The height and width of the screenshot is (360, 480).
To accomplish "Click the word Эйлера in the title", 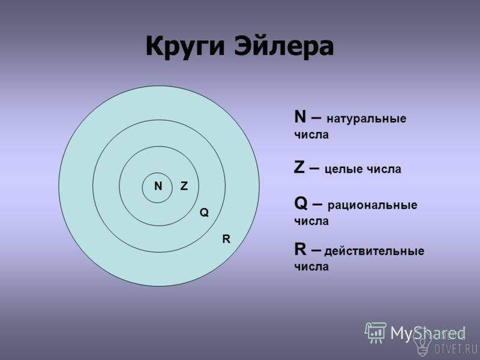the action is coord(284,46).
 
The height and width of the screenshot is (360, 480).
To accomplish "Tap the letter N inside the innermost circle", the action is coord(158,186).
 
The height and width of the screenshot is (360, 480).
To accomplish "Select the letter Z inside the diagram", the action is coord(184,186).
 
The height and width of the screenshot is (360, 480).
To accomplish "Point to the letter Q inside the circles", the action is coord(204,212).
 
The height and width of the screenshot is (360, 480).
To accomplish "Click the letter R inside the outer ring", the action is coord(226,239).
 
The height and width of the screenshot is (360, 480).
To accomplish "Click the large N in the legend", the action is coord(300,116).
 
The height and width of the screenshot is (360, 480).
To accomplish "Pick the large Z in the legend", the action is coord(299,167).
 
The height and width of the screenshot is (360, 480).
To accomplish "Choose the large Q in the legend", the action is coord(301,203).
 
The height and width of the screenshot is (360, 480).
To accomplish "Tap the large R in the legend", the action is coord(300,249).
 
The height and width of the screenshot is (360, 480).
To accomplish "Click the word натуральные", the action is coord(367,119).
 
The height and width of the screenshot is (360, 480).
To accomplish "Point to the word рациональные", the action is coord(373,205).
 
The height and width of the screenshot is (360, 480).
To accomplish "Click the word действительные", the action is coord(374,251).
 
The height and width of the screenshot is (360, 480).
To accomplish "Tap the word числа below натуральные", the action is coord(311,135).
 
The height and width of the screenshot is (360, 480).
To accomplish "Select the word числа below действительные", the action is coord(311,267).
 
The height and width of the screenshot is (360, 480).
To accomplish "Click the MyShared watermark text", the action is coord(428,333).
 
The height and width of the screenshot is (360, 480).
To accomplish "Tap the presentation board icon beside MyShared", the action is coord(376,332).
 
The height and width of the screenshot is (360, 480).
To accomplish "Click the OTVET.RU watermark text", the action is coord(456,349).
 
